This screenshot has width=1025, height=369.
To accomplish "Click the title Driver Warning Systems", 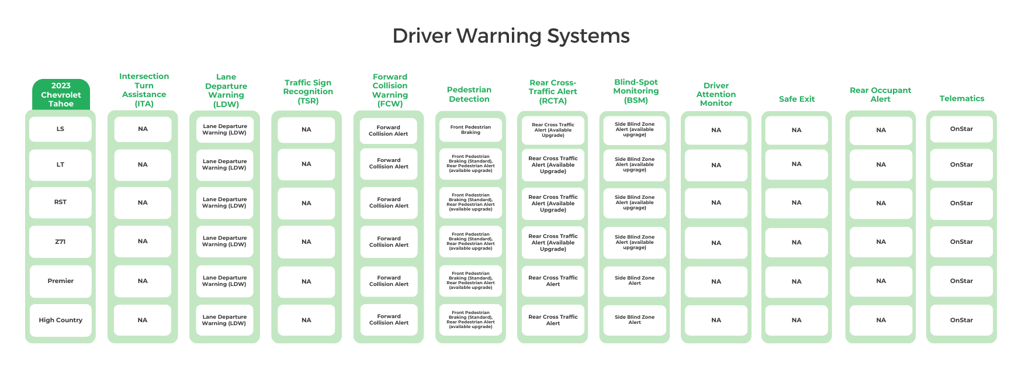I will (511, 36).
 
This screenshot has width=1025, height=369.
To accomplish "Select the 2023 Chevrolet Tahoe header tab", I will (61, 95).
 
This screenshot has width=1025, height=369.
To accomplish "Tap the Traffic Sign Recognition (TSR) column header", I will (308, 92).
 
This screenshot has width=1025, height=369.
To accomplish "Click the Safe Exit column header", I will (797, 99).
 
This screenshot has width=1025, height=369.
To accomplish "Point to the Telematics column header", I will (961, 99).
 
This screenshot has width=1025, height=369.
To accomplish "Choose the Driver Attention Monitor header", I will (716, 94).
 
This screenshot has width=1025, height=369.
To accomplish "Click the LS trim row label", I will (60, 129).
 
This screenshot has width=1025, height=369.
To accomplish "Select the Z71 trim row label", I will (60, 242).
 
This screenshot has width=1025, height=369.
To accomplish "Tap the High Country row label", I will (60, 320).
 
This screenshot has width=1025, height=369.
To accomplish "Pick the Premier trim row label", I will (60, 281).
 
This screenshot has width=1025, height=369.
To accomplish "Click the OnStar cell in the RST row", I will (961, 204).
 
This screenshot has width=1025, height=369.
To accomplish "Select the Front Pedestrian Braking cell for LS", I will (470, 130).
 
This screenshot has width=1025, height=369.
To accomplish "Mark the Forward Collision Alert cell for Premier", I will (389, 281).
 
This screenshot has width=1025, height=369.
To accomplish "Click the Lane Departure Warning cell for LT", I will (224, 165).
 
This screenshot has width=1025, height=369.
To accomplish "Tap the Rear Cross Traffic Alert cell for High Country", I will (553, 320).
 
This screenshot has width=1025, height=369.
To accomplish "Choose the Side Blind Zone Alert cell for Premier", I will (635, 281).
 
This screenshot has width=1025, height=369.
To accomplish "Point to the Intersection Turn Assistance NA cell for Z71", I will (143, 242).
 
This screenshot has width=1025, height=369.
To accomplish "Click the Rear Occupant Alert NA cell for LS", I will (881, 130).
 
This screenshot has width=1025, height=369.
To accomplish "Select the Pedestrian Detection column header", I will (469, 95).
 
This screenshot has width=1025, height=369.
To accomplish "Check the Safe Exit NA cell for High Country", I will (797, 320).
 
